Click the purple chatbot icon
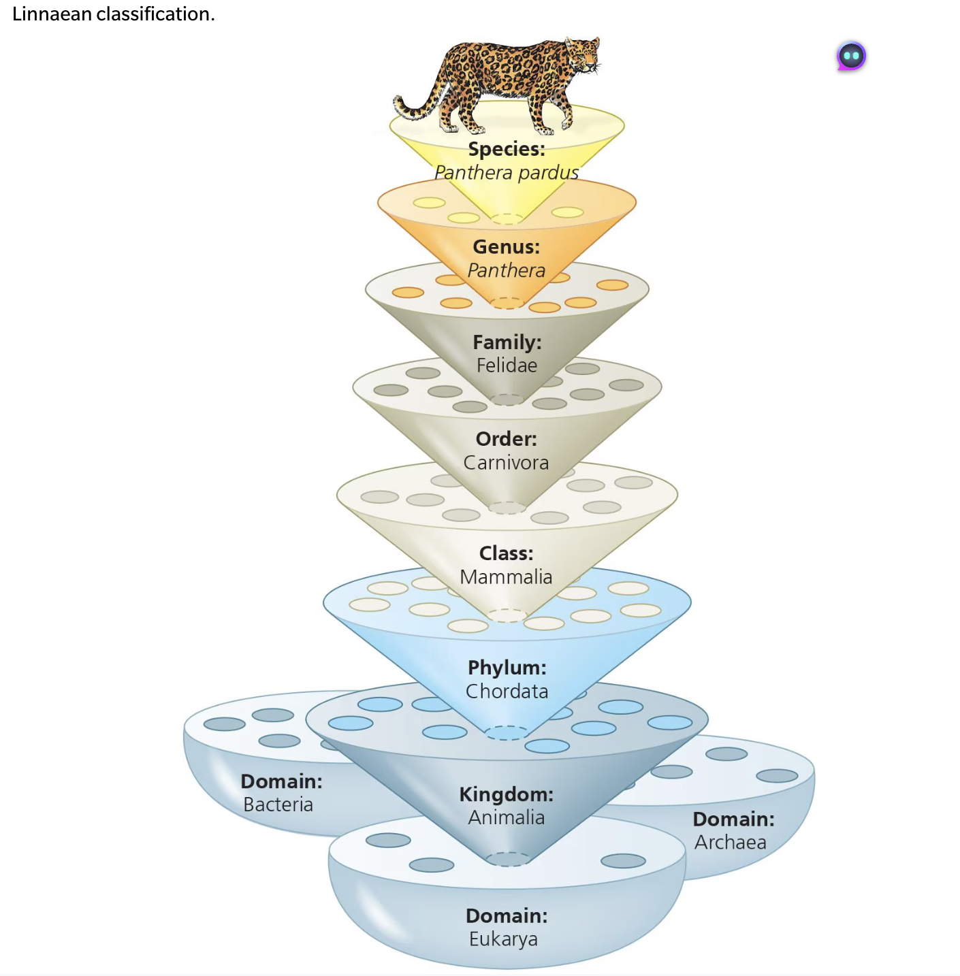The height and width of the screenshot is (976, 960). [851, 56]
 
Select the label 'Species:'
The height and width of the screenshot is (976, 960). [507, 149]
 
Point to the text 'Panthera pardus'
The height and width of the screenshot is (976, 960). [507, 173]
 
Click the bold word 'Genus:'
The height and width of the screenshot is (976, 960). [507, 246]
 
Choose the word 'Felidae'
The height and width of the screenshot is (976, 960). [507, 365]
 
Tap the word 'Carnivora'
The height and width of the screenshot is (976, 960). [506, 463]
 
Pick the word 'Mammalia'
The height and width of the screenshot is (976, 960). [506, 577]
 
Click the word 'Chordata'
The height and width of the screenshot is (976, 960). [507, 692]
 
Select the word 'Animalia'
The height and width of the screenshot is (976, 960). [506, 817]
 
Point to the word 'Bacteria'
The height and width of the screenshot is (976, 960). [278, 804]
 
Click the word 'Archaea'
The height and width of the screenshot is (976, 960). [730, 843]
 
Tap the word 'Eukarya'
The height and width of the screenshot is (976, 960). [503, 939]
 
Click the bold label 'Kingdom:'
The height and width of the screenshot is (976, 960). [506, 794]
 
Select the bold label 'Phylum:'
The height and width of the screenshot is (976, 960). [507, 668]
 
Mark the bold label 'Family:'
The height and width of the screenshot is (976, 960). [507, 342]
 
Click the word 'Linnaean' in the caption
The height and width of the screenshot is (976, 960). [52, 14]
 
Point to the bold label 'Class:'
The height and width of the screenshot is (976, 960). [506, 553]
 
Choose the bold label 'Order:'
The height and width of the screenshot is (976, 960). [506, 439]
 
